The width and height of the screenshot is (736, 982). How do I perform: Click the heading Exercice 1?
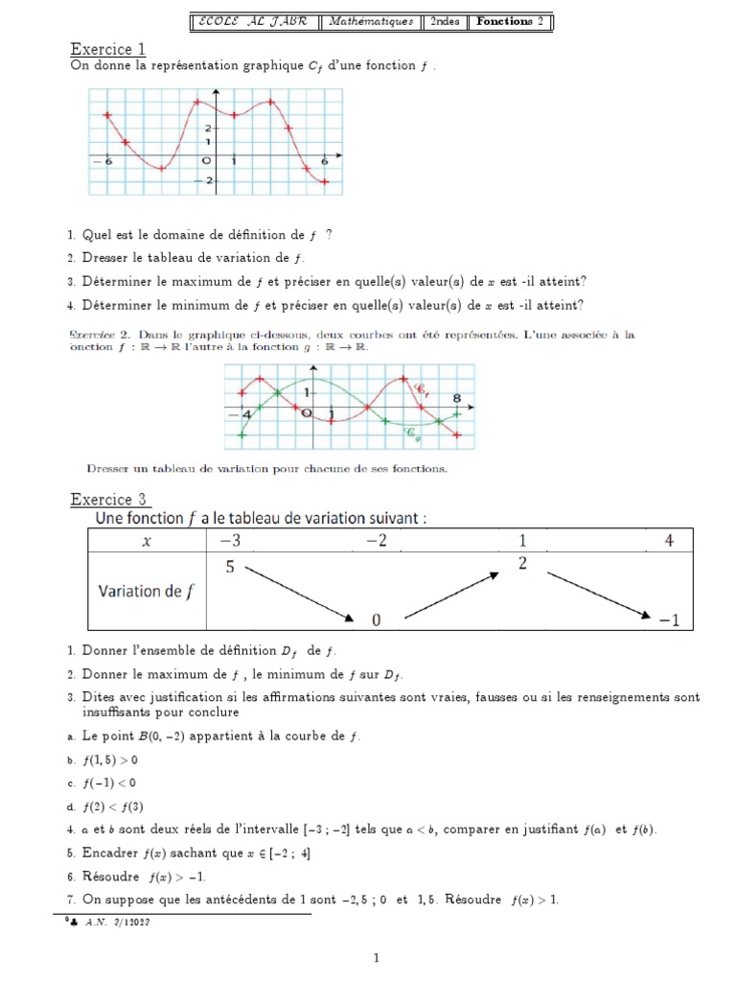(x=108, y=49)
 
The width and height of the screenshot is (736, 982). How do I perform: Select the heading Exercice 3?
(x=108, y=500)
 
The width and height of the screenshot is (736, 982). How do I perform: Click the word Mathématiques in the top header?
(x=371, y=21)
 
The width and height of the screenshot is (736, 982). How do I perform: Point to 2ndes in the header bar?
(x=444, y=21)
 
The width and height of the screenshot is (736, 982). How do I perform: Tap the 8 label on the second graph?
(x=457, y=397)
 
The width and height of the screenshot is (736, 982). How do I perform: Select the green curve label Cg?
(x=413, y=433)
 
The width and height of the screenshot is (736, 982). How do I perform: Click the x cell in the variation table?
(x=147, y=541)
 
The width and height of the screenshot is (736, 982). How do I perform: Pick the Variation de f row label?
(x=144, y=591)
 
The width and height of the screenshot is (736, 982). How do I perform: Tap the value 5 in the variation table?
(x=230, y=567)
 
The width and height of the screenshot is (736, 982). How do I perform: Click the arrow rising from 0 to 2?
(x=453, y=595)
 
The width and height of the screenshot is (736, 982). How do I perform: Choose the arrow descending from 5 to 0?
(x=300, y=595)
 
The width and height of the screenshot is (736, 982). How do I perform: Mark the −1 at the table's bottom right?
(x=669, y=620)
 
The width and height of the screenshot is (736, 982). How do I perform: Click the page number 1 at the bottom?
(x=377, y=957)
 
